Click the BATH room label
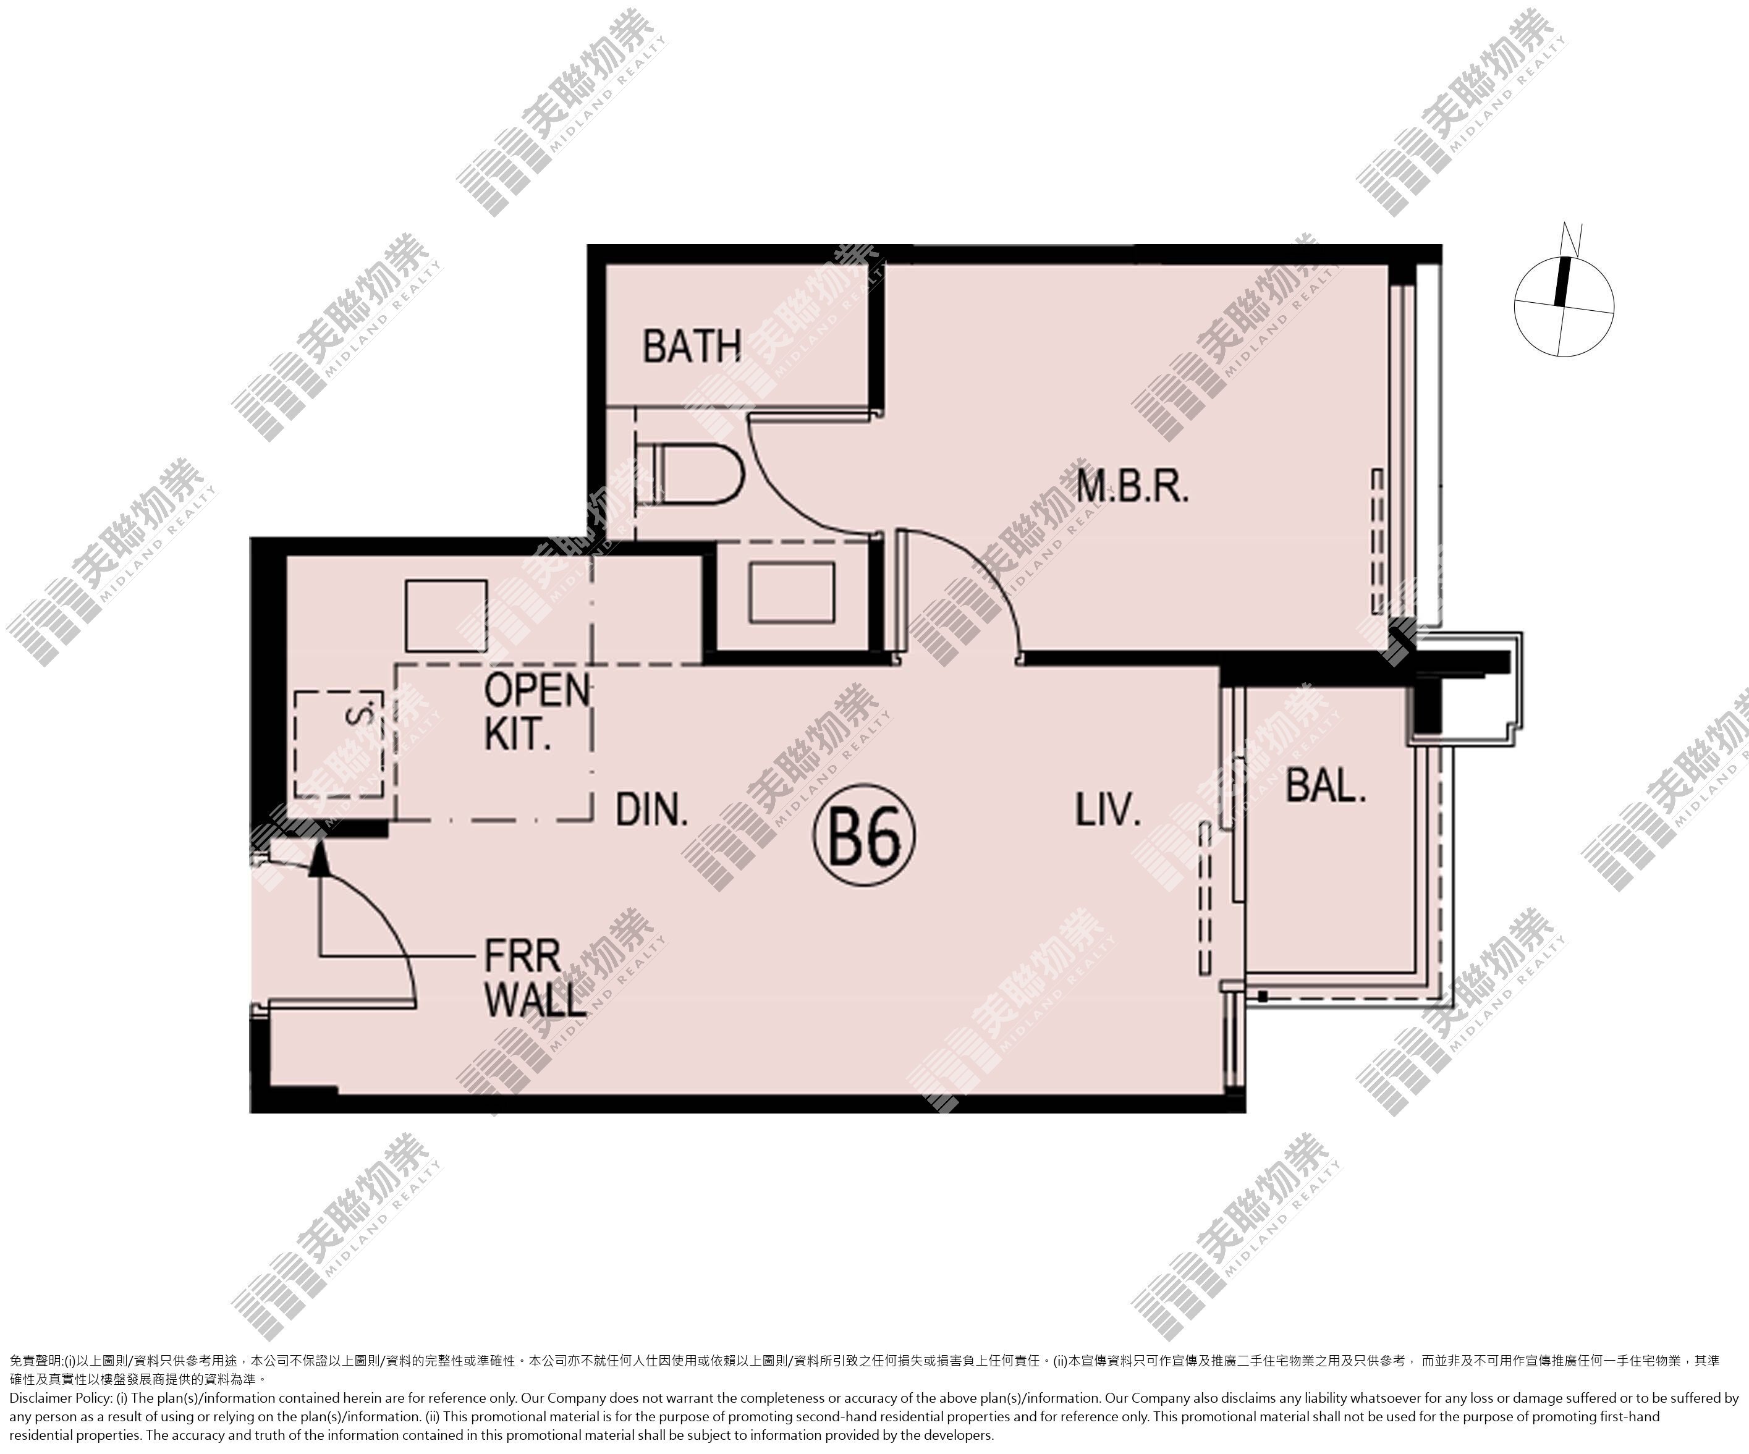(692, 347)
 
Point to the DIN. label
(652, 809)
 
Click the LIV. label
(1107, 809)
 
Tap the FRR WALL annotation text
(535, 978)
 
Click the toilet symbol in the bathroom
(688, 474)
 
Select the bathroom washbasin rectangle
(791, 592)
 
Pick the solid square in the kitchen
(446, 615)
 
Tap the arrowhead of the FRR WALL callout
(317, 858)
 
